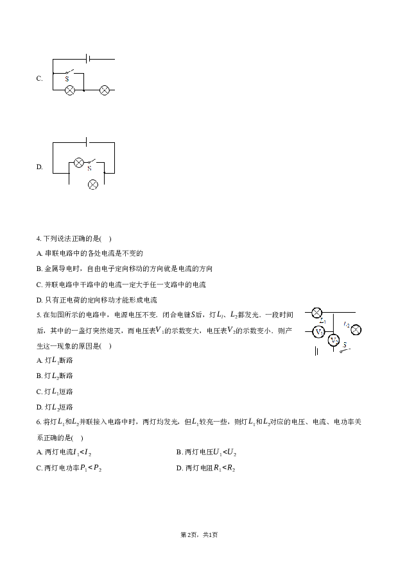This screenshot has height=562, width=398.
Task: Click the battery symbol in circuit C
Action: point(88,58)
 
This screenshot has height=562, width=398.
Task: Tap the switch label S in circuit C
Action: point(67,78)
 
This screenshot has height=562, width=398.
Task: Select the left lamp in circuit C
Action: point(69,90)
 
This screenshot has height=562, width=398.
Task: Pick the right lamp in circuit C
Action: point(105,90)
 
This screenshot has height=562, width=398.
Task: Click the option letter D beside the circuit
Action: point(39,167)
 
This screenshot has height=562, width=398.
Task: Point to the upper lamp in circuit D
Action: point(78,163)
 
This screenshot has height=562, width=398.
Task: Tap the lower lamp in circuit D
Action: point(93,185)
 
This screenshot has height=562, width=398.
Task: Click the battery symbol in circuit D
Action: point(87,142)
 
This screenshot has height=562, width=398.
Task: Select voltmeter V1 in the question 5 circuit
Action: point(318,332)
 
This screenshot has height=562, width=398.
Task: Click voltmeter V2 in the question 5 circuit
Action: point(334,340)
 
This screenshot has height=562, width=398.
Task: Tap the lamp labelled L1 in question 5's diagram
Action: point(316,313)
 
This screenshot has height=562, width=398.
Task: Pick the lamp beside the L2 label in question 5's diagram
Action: point(356,330)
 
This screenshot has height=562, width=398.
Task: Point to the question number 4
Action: point(39,239)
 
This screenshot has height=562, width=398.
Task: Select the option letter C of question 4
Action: point(39,285)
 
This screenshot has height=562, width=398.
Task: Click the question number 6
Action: point(39,422)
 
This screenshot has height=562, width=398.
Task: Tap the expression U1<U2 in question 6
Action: point(225,452)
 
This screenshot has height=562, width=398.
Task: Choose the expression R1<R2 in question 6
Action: point(224,468)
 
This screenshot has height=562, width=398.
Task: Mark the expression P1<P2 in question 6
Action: point(91,468)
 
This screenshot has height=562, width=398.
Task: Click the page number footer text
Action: point(199,534)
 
